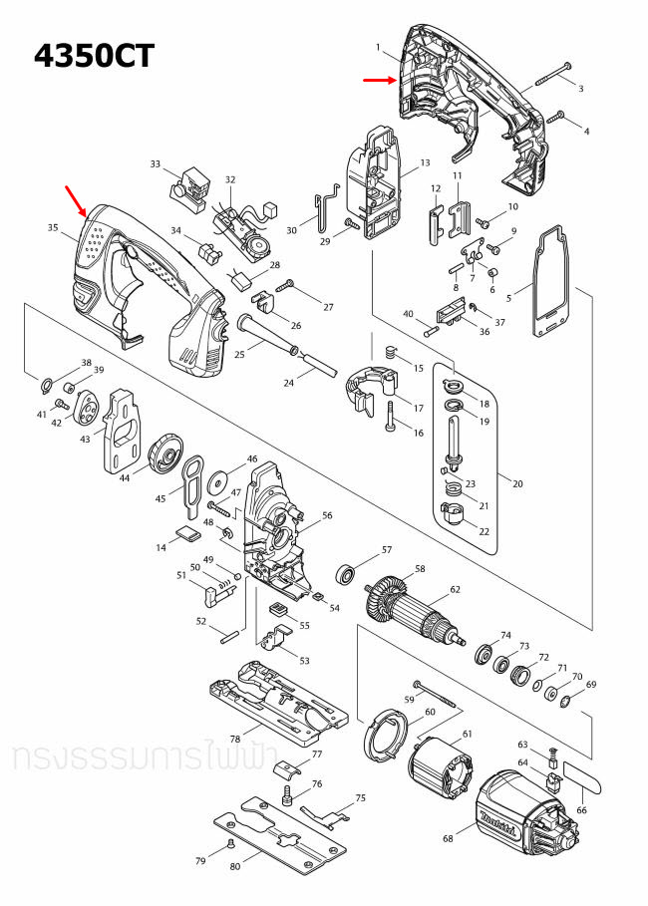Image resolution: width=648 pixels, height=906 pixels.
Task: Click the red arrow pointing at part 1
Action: [x=379, y=81]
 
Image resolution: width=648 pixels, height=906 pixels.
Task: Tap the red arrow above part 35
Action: [x=75, y=197]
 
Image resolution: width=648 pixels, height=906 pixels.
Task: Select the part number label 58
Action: [x=420, y=569]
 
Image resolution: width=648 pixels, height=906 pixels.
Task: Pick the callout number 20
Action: [x=516, y=483]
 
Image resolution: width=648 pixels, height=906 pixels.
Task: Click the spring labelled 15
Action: [x=391, y=351]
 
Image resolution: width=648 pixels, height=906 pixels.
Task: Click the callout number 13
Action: [x=425, y=162]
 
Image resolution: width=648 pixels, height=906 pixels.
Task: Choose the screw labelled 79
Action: [x=231, y=842]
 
